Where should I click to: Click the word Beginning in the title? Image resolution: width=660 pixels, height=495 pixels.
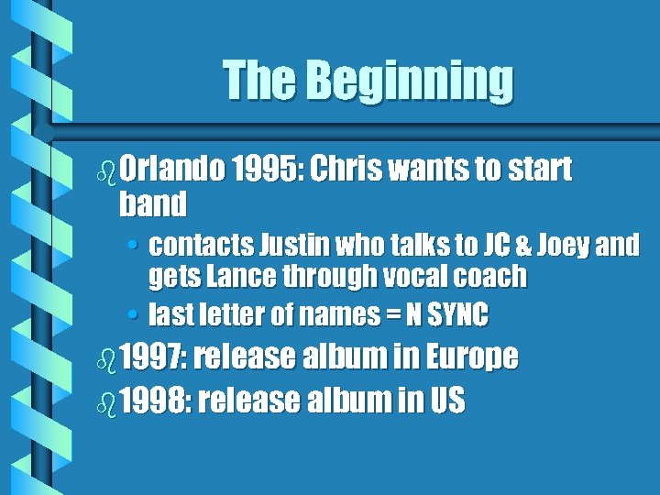click(410, 82)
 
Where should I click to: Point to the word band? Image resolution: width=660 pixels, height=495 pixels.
click(152, 203)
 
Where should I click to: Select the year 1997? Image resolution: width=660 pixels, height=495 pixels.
click(153, 357)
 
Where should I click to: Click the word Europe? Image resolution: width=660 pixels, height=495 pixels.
click(470, 357)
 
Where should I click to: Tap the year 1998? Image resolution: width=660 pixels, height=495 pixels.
click(153, 400)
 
